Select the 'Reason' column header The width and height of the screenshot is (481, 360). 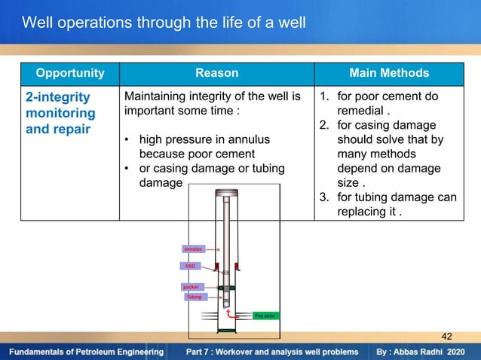[x=216, y=73]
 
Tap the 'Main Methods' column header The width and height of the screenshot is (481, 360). [x=389, y=73]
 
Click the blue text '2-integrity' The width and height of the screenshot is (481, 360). [x=58, y=97]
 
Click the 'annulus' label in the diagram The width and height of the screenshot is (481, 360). [x=193, y=248]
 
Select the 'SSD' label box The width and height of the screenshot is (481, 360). [x=190, y=266]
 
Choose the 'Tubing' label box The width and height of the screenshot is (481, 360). [x=194, y=297]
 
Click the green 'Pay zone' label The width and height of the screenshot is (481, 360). [x=265, y=316]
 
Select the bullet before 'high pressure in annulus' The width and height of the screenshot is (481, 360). [x=130, y=141]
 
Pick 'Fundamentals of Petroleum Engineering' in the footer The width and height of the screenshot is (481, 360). [x=87, y=352]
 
